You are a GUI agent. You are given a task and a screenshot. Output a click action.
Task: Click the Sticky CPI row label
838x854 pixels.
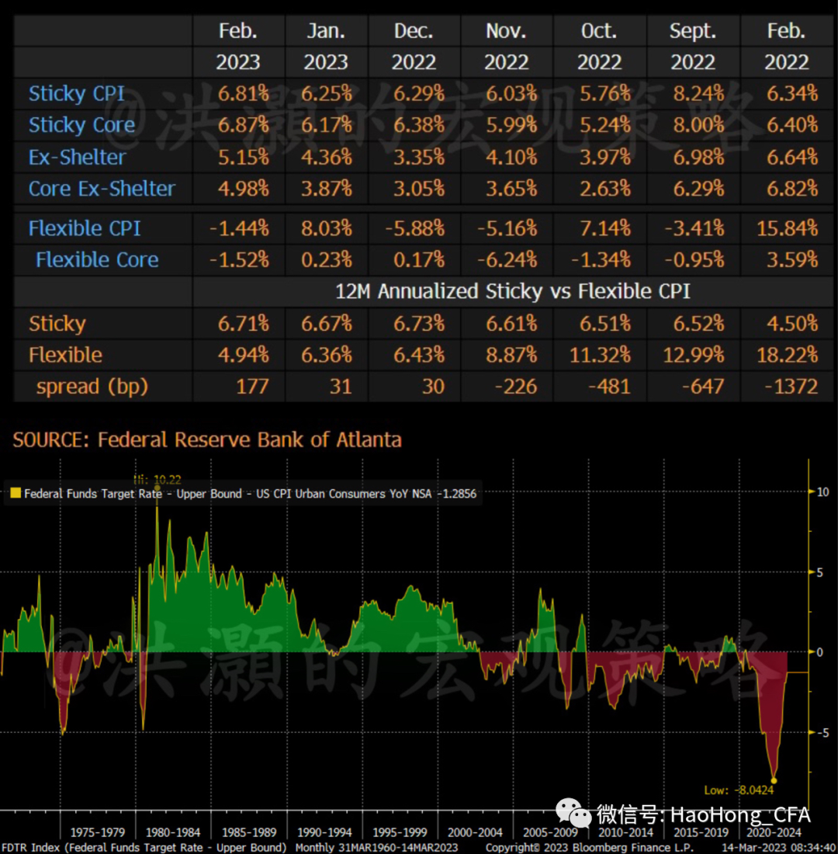click(76, 94)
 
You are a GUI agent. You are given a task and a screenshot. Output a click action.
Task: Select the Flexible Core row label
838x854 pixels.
click(97, 260)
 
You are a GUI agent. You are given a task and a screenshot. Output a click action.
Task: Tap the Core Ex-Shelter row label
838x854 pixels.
click(102, 189)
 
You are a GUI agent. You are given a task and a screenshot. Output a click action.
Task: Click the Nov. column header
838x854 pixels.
click(506, 31)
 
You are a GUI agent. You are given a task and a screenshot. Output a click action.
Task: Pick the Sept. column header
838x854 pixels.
click(693, 31)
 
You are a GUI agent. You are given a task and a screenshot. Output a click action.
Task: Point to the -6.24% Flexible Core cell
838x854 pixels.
click(506, 260)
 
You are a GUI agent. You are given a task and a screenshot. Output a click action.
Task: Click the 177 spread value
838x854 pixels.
click(252, 387)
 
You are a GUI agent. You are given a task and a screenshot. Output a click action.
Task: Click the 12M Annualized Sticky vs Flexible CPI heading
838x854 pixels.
click(512, 292)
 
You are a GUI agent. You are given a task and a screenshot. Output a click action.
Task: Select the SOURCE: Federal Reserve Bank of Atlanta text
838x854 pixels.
click(207, 440)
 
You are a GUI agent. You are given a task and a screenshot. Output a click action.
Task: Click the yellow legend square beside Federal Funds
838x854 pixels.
click(14, 493)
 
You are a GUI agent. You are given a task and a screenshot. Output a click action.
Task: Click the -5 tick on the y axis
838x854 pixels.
click(822, 732)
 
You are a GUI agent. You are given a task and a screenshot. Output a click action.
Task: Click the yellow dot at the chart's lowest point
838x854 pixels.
click(774, 780)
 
